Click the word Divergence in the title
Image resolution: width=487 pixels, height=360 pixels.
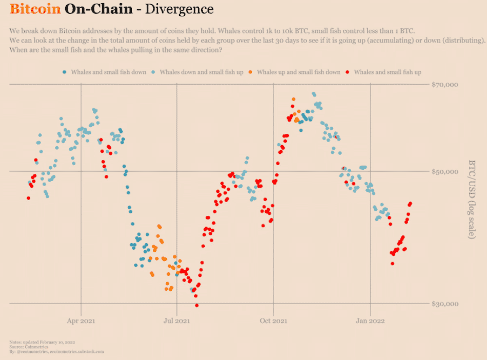[x=180, y=9]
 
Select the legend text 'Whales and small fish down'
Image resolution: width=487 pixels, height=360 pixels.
[x=109, y=72]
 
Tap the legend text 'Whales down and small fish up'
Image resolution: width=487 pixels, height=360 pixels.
[x=201, y=72]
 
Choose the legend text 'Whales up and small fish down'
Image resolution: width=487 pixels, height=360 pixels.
[x=298, y=72]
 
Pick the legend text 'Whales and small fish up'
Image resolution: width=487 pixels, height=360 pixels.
[x=387, y=72]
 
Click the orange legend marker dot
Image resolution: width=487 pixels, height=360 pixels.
[x=249, y=72]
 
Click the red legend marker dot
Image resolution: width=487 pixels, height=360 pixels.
[x=347, y=72]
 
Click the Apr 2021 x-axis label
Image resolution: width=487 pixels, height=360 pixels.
[x=81, y=321]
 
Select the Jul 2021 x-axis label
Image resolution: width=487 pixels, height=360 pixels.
[x=177, y=321]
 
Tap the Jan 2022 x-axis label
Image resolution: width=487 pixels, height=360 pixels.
[x=370, y=321]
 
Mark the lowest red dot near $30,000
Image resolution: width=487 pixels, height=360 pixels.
[x=197, y=306]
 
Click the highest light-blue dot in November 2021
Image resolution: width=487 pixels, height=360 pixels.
[x=314, y=94]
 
